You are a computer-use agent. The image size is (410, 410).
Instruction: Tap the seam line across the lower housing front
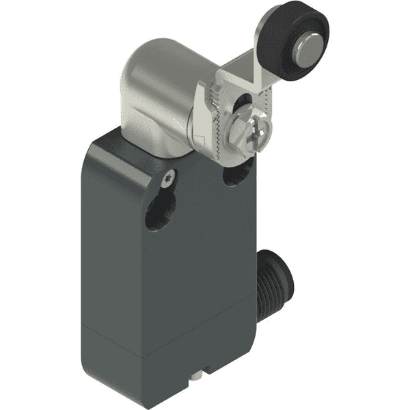171,340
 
